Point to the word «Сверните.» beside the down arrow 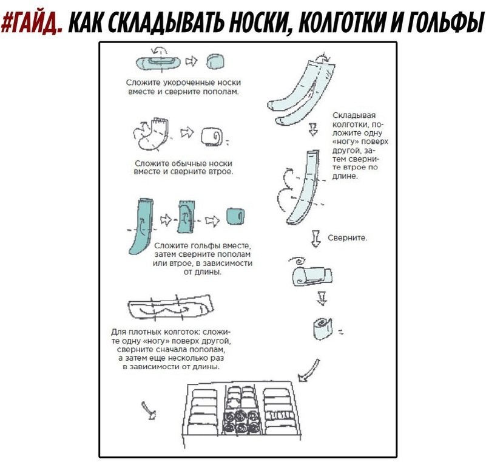tap(347, 237)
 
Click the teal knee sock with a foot tap(140, 224)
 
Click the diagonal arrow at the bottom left tap(147, 411)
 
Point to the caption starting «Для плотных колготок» tap(170, 349)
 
